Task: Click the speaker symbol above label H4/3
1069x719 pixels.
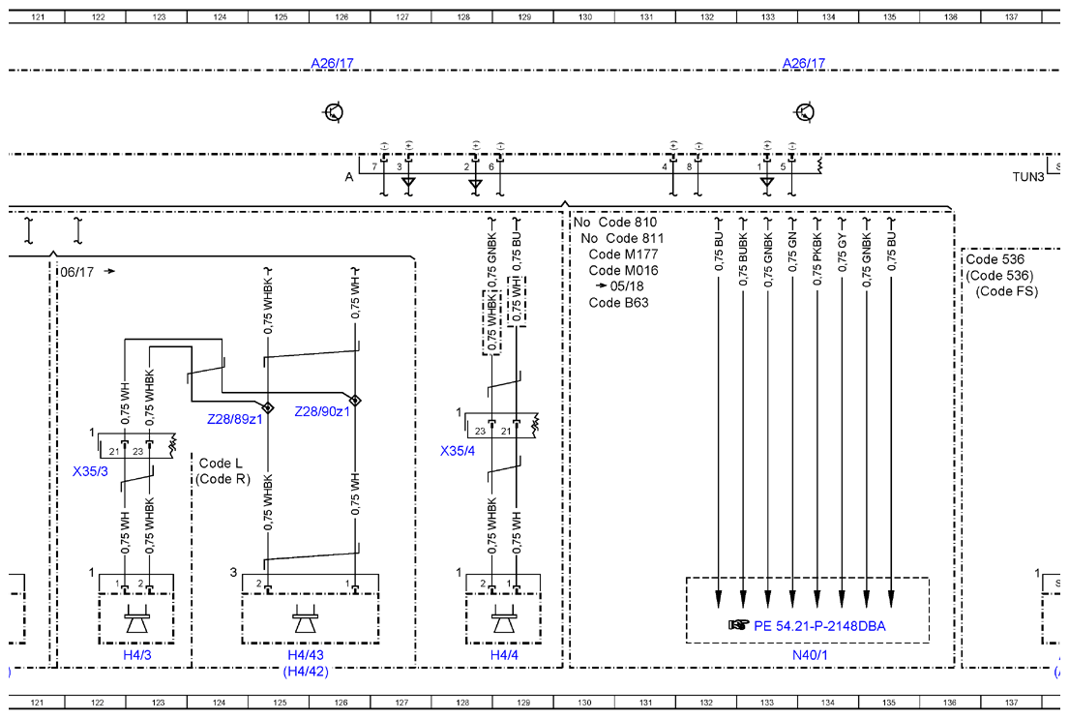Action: (x=136, y=619)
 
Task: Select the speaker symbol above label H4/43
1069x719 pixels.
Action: (x=304, y=619)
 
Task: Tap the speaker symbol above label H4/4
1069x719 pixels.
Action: (x=503, y=619)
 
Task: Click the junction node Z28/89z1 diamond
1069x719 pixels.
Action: (x=268, y=407)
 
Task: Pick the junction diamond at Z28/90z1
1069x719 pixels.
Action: (x=355, y=400)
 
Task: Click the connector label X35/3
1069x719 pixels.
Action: (x=90, y=471)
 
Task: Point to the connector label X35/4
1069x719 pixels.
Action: (x=458, y=451)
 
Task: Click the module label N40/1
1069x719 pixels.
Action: (x=810, y=655)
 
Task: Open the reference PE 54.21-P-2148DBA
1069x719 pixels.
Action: (x=819, y=625)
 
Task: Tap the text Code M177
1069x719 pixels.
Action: (x=623, y=255)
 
